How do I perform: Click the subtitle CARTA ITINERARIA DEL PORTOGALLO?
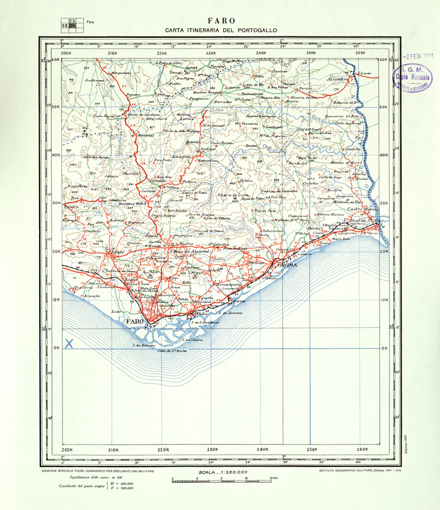tap(220, 30)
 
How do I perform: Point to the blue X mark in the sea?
tap(69, 344)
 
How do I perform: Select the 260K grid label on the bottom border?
tap(361, 450)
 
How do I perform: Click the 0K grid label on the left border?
tap(55, 348)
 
